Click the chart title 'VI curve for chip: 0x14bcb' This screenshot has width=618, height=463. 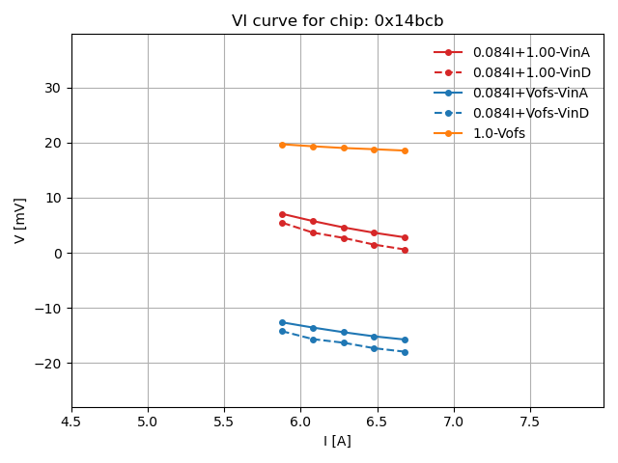pos(337,21)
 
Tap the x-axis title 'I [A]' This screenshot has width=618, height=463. pos(337,441)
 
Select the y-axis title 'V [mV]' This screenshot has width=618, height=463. pos(20,220)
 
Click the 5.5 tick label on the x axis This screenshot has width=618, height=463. pos(224,422)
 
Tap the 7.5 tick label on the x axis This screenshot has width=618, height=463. pos(530,422)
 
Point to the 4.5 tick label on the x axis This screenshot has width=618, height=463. pos(71,422)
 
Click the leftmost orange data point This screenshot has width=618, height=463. pos(282,145)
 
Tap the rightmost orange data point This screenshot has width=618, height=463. pos(405,150)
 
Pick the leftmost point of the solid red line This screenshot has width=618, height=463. pos(282,214)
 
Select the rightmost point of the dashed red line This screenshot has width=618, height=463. pos(405,250)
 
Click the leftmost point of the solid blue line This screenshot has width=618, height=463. pos(282,322)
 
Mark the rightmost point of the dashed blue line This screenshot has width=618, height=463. pos(405,352)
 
